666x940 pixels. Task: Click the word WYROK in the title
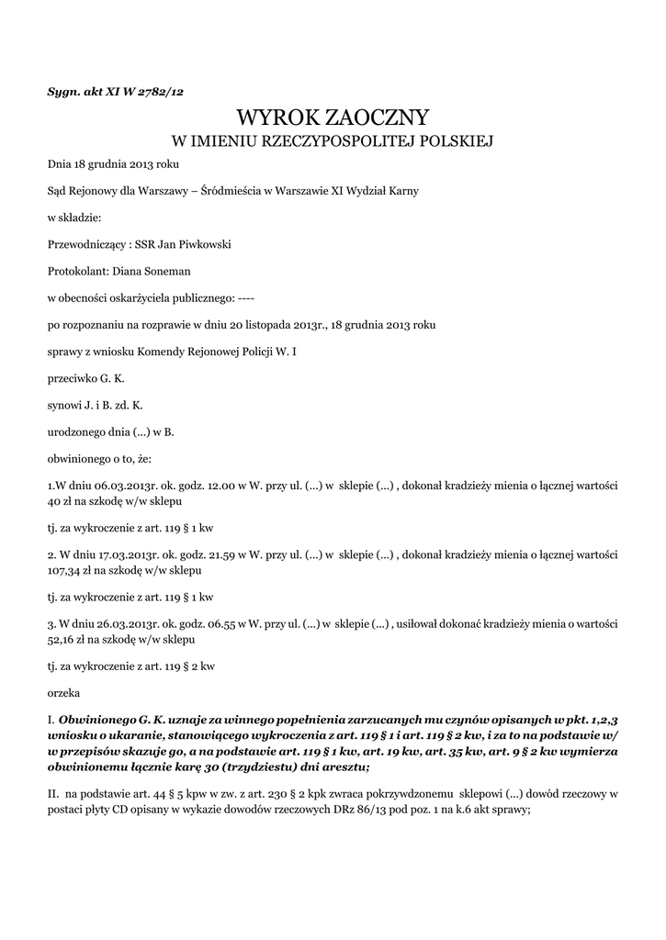click(x=275, y=117)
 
